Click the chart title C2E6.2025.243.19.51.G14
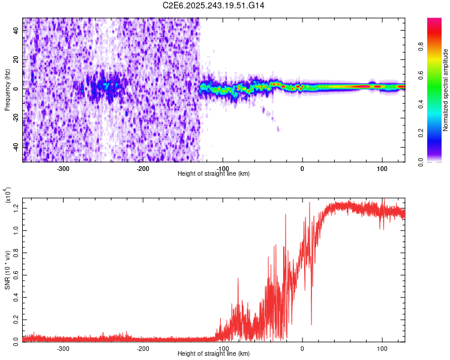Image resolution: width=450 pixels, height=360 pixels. coord(214,5)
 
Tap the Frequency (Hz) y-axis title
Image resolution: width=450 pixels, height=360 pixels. coord(7,90)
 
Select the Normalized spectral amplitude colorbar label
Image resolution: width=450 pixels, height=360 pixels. coord(446,90)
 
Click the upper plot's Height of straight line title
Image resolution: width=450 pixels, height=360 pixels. coord(214,173)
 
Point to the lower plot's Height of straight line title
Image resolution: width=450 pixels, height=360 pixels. coord(214,353)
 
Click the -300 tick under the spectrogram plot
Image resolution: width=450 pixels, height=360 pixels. coord(63,169)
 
